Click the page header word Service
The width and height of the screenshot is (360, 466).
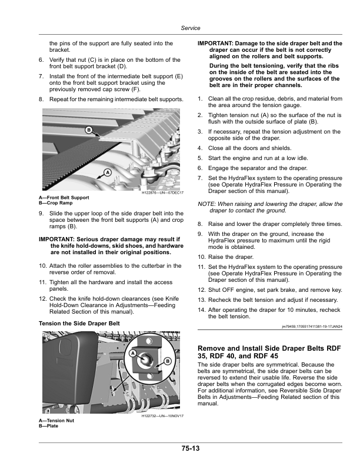pos(191,28)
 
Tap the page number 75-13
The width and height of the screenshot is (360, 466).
pos(190,449)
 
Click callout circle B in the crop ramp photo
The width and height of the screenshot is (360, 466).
pos(89,129)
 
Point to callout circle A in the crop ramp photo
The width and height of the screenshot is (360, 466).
pos(107,172)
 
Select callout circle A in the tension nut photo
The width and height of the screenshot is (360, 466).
pos(133,352)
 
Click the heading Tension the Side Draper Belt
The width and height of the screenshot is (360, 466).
pos(79,324)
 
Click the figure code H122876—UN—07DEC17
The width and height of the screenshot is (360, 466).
pos(163,193)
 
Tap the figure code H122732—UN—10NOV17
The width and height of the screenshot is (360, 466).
pos(163,417)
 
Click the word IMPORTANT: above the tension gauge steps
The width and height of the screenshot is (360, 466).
pos(216,44)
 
